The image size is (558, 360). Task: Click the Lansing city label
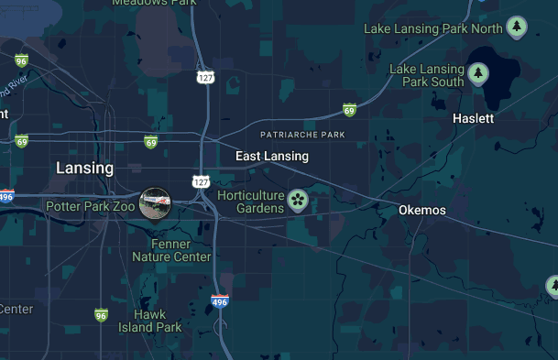pyautogui.click(x=84, y=169)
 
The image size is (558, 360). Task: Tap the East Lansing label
pyautogui.click(x=271, y=157)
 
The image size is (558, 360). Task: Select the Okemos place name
pyautogui.click(x=421, y=211)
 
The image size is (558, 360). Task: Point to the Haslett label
pyautogui.click(x=473, y=119)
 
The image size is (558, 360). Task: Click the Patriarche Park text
pyautogui.click(x=301, y=136)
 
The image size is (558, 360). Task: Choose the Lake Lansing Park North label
pyautogui.click(x=432, y=28)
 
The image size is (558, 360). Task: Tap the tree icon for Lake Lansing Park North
pyautogui.click(x=517, y=27)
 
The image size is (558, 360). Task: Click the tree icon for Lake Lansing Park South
pyautogui.click(x=477, y=74)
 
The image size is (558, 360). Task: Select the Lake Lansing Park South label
pyautogui.click(x=426, y=75)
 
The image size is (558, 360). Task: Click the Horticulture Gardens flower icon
pyautogui.click(x=298, y=199)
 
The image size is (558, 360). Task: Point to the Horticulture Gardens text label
pyautogui.click(x=250, y=202)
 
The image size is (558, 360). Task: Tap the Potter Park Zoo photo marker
pyautogui.click(x=154, y=203)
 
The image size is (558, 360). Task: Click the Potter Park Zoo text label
pyautogui.click(x=90, y=207)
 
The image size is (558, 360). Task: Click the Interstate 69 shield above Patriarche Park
pyautogui.click(x=349, y=111)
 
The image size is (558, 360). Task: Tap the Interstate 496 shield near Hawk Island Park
pyautogui.click(x=220, y=301)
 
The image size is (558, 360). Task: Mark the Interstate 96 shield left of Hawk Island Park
pyautogui.click(x=101, y=315)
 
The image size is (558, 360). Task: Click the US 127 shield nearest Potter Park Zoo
pyautogui.click(x=202, y=181)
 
